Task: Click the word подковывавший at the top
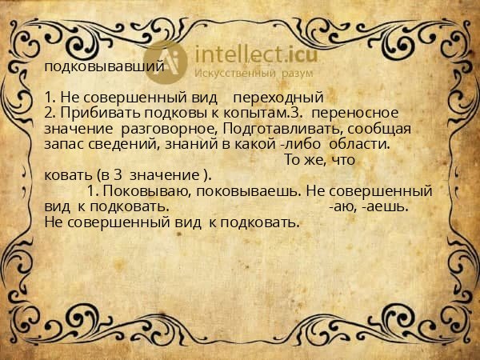click(105, 66)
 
